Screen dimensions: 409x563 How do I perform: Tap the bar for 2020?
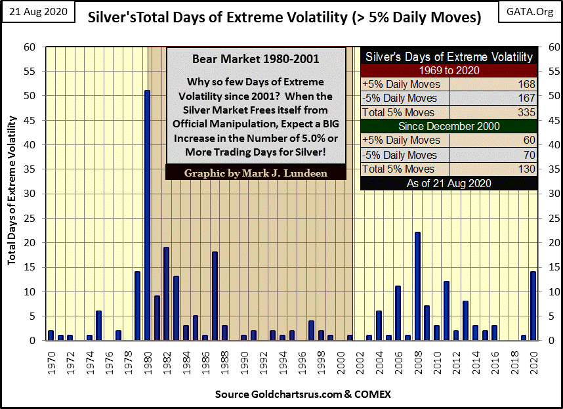coord(533,306)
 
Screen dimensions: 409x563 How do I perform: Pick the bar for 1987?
coord(215,296)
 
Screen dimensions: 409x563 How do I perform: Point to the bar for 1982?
coord(167,293)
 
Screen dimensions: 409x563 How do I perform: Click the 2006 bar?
coord(398,313)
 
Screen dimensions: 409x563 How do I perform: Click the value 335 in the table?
coord(527,112)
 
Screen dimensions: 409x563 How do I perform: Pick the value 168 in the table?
coord(527,84)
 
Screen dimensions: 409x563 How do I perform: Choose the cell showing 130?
coord(527,169)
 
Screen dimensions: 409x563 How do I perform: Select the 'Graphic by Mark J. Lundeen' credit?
coord(257,174)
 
